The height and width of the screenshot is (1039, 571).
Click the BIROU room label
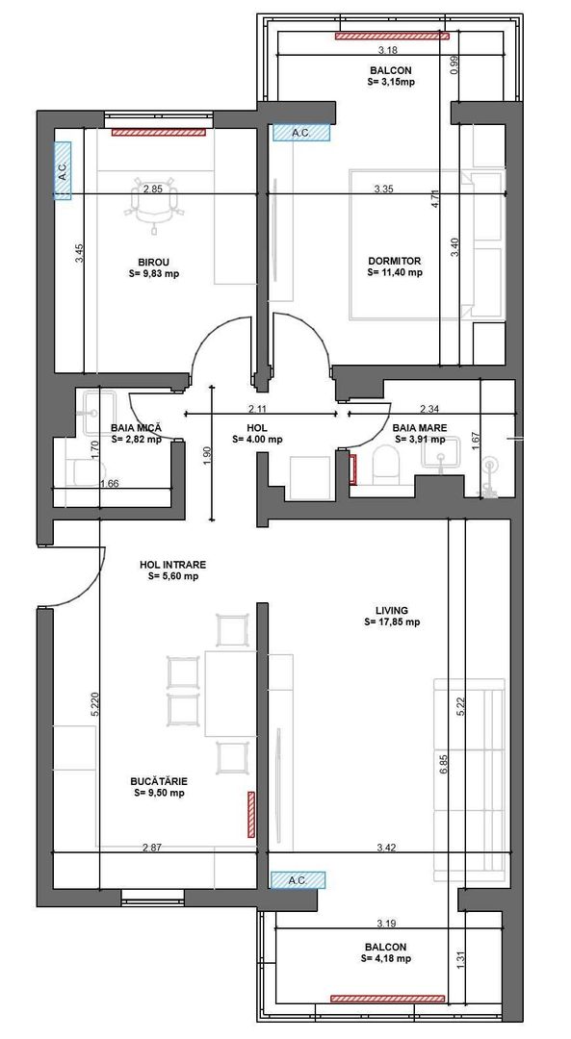[x=153, y=261]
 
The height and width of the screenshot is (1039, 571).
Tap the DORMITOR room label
[x=395, y=261]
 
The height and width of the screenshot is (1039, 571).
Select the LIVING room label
[x=392, y=610]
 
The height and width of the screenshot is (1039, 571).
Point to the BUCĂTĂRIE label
[x=159, y=781]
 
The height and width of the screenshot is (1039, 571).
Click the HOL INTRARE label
[x=173, y=565]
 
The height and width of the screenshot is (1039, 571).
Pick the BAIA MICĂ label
[x=136, y=427]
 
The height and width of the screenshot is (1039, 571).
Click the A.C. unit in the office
[x=63, y=171]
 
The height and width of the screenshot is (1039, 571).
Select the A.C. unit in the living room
[x=298, y=879]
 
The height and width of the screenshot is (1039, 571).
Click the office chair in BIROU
[x=155, y=204]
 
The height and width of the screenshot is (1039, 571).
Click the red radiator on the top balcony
[x=393, y=37]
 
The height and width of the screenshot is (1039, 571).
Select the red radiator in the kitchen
[x=251, y=813]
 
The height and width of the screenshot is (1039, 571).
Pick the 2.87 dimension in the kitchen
[x=151, y=848]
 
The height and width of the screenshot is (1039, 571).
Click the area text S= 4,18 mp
[x=386, y=958]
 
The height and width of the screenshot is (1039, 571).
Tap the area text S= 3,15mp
[x=391, y=83]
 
